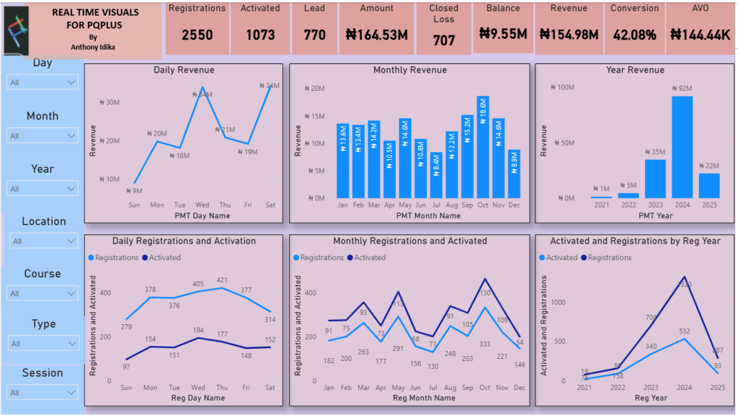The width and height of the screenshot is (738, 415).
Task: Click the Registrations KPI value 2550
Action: pos(197,35)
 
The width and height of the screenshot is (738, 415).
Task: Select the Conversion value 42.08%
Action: pos(634,35)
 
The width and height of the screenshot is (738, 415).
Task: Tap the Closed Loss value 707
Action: pos(444,40)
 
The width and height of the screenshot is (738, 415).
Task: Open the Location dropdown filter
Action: pos(43,241)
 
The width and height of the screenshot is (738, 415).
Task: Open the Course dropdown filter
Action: pos(43,293)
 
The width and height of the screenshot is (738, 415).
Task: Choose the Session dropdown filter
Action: pos(43,393)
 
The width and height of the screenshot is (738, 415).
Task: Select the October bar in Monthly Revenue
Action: pos(483,147)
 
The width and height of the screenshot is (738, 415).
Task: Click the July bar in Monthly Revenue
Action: pos(436,175)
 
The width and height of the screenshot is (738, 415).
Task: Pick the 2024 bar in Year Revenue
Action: pos(683,147)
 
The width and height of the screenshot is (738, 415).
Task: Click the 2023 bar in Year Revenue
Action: pos(655,179)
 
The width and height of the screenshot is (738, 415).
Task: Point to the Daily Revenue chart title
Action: pos(184,70)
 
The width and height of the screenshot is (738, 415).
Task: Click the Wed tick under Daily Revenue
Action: pos(203,205)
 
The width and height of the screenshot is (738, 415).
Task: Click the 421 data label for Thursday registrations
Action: pos(222,280)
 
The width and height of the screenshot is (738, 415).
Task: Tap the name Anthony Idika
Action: pos(93,47)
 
